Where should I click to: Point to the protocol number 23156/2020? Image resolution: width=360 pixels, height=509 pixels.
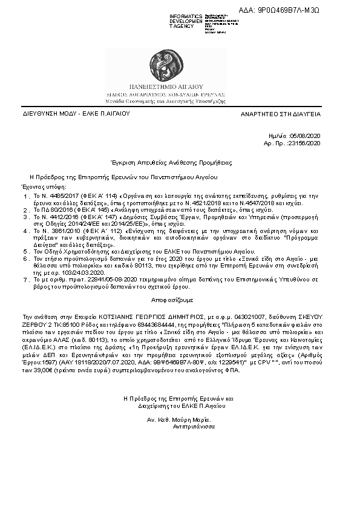[x=307, y=143]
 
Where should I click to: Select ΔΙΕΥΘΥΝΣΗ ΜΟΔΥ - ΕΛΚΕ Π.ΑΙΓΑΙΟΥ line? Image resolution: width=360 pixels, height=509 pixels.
[x=68, y=114]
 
